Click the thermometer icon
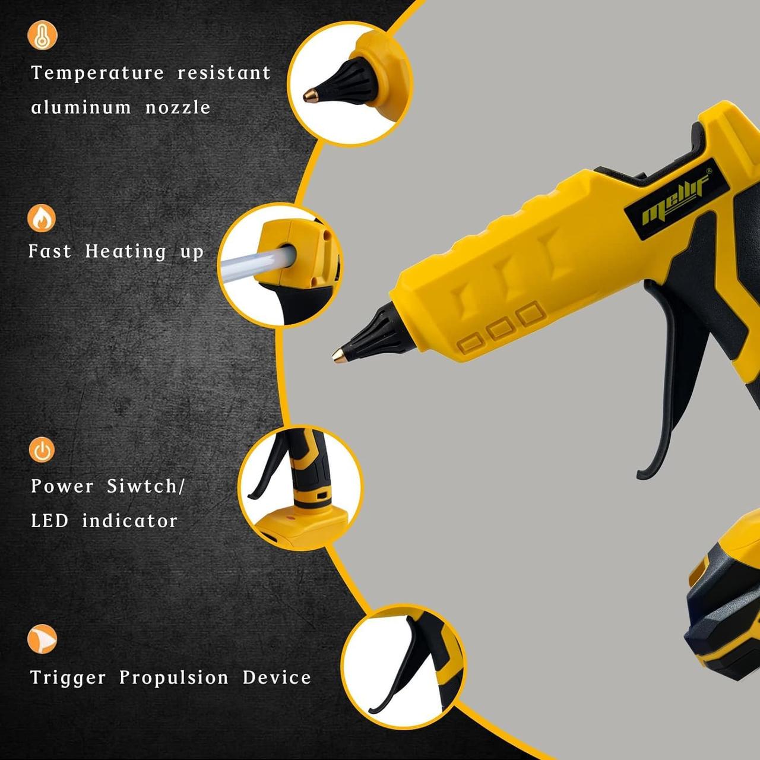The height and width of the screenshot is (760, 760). [42, 35]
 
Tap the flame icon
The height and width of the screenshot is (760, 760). [42, 218]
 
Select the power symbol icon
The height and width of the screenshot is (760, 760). [42, 449]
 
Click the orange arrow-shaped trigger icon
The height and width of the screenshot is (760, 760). [42, 639]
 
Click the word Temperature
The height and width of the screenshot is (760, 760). [97, 73]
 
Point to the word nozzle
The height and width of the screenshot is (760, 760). [178, 107]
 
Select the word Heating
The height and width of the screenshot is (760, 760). [126, 252]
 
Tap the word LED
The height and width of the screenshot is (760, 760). [50, 521]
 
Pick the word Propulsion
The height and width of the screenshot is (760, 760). [174, 678]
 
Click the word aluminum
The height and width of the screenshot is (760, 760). [81, 107]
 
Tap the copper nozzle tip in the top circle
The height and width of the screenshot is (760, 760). [311, 96]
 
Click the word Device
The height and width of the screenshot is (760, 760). [277, 677]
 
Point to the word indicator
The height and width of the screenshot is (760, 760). [130, 521]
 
